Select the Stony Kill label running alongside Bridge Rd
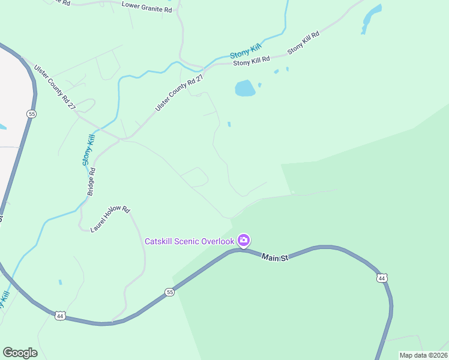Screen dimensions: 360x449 tap(89, 150)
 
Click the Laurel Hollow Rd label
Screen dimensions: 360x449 tap(110, 220)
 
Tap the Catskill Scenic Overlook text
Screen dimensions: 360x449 tap(189, 241)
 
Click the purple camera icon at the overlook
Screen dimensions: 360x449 tap(244, 241)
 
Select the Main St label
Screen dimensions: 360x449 tap(276, 257)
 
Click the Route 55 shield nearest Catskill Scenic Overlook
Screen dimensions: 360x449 tap(170, 292)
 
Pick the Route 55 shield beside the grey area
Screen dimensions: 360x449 tap(32, 113)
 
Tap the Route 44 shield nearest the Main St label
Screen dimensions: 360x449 tap(382, 278)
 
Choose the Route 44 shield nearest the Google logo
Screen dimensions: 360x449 tap(59, 315)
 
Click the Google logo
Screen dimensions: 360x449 tap(20, 353)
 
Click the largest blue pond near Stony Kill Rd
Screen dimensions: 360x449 tap(245, 88)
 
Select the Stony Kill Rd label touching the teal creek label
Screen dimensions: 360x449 tap(252, 59)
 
